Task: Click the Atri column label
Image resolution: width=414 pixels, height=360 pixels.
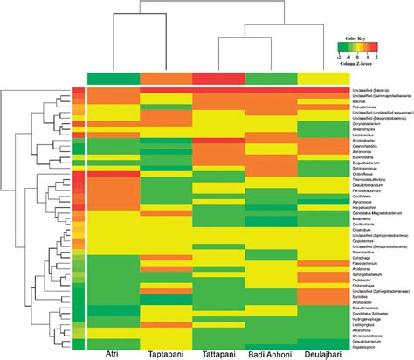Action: (x=113, y=353)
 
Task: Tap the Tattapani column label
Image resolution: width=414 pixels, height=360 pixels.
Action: (x=217, y=353)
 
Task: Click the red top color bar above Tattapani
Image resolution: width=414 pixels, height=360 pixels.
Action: (x=217, y=79)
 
